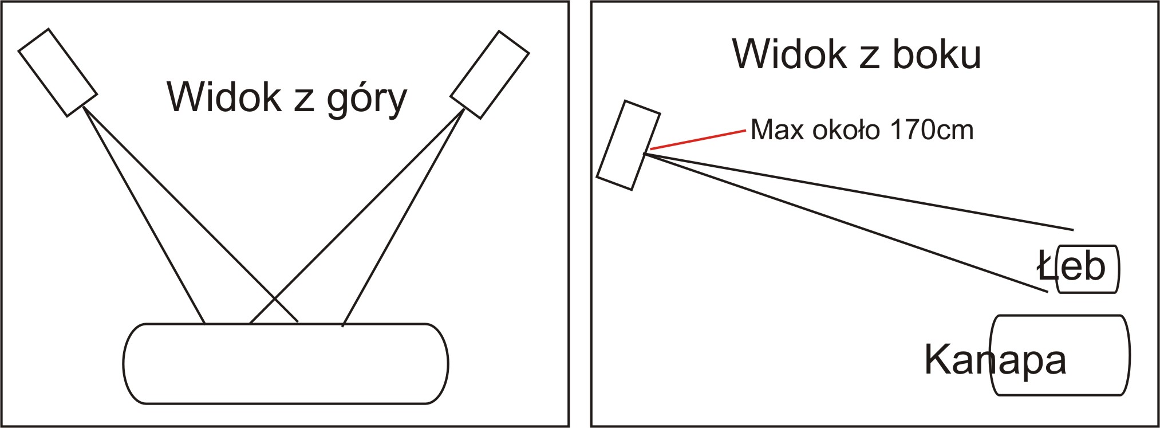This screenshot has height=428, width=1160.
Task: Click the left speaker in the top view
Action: (x=58, y=72)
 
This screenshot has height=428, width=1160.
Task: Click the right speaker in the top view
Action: (x=490, y=74)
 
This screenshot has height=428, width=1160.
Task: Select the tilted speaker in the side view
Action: (x=629, y=145)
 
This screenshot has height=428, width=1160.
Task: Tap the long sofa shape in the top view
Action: (x=286, y=364)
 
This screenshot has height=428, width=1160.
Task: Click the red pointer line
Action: (x=698, y=140)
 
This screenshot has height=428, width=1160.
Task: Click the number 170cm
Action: (x=932, y=130)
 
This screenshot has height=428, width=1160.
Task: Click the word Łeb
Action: (x=1071, y=266)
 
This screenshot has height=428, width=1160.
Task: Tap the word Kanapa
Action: (x=996, y=360)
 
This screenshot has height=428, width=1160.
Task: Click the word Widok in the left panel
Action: (x=224, y=97)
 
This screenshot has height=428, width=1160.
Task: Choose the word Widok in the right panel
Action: (x=790, y=54)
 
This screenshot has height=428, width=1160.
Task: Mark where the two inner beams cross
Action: (x=274, y=299)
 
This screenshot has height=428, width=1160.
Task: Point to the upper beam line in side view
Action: (x=859, y=191)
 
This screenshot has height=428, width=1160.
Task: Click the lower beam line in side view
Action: (x=846, y=222)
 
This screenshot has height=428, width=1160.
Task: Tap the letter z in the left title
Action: (x=304, y=101)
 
